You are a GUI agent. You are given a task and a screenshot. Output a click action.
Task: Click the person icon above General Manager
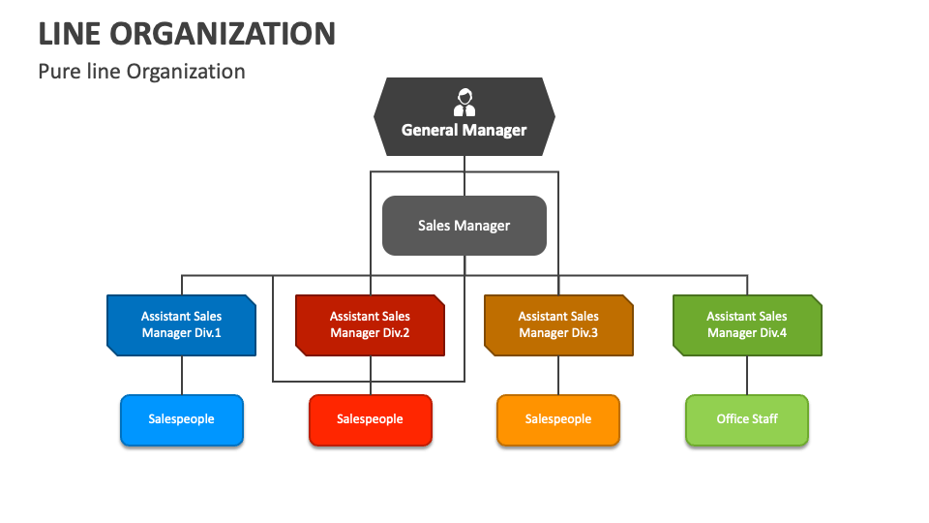(464, 103)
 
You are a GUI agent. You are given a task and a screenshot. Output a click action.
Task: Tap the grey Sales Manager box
(464, 226)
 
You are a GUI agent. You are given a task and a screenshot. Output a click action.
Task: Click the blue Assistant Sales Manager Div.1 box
(181, 324)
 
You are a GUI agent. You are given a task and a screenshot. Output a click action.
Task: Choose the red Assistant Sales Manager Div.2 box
(370, 324)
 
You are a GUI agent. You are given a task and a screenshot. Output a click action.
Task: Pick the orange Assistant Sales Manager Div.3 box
(558, 324)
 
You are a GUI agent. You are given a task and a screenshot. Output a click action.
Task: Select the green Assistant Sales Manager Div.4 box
(746, 324)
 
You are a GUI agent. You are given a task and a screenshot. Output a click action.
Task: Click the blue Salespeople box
(181, 419)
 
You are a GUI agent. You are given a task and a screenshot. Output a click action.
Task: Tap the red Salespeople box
(370, 419)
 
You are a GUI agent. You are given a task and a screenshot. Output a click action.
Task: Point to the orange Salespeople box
(558, 419)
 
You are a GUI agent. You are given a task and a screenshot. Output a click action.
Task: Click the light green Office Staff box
(746, 419)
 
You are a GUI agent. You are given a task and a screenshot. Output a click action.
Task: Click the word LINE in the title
(69, 34)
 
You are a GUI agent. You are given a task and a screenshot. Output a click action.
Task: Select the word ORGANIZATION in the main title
(223, 34)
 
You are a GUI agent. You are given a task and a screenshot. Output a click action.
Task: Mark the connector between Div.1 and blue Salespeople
(181, 375)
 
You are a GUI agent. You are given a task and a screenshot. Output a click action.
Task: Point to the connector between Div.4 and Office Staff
(746, 375)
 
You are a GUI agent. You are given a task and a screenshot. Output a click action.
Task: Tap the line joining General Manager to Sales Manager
(464, 176)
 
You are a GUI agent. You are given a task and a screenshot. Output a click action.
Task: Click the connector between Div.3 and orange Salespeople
(558, 375)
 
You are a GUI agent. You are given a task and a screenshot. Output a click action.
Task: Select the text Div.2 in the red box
(394, 333)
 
